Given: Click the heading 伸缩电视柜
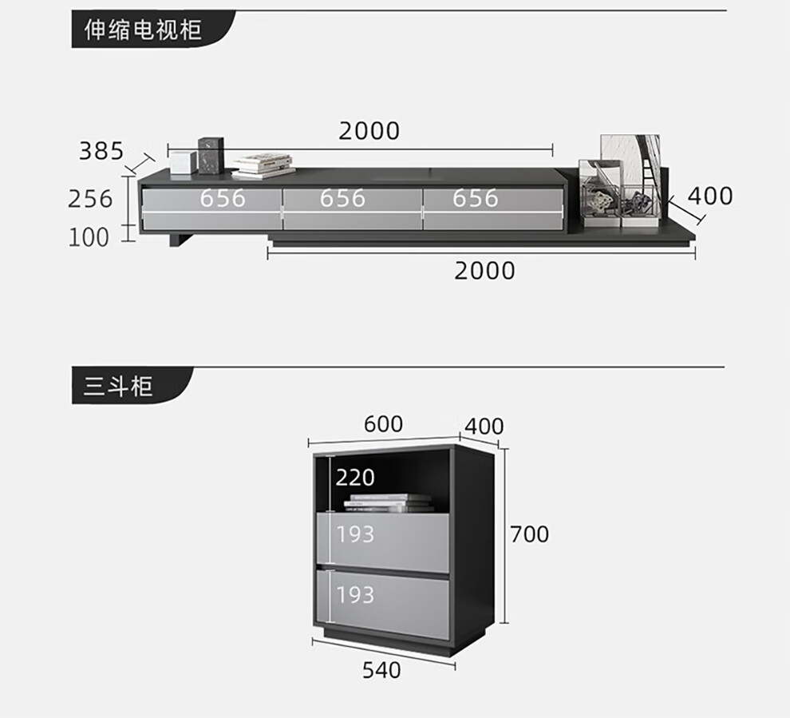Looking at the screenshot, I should (x=144, y=30).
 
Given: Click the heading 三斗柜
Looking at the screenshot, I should (x=118, y=387).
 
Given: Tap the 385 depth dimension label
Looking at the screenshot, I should (x=101, y=150).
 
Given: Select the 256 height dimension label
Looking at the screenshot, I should (x=90, y=198).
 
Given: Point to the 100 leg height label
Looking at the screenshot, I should (x=89, y=237).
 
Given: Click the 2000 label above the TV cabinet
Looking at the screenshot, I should (x=369, y=131).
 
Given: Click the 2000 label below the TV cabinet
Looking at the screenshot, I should (x=484, y=271).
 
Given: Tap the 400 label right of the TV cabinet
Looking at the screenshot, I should (x=709, y=196).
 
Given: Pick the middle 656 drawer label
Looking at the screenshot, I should (x=342, y=198).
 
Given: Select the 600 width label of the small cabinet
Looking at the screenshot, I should (x=383, y=423).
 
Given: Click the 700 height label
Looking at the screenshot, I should (x=529, y=534).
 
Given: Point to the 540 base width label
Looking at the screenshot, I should (x=381, y=670).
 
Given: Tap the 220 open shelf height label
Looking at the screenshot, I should (x=355, y=478).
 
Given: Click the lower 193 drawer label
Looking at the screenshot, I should (x=355, y=595).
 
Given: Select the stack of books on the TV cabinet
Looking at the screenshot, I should (x=263, y=165).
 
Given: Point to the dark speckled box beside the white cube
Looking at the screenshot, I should (x=211, y=155).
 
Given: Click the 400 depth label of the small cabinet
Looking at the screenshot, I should (x=484, y=426).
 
